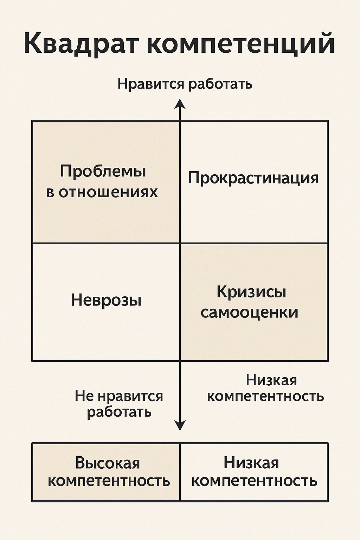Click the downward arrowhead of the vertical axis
click(180, 426)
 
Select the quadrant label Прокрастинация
click(253, 178)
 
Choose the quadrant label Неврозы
click(106, 301)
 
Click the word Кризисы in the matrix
click(251, 292)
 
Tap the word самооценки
click(249, 313)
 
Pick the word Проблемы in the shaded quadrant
click(103, 172)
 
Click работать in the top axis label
click(220, 84)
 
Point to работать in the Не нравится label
click(119, 412)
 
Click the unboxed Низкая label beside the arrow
click(271, 380)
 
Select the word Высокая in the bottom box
click(108, 463)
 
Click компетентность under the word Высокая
click(109, 481)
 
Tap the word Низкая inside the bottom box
click(251, 463)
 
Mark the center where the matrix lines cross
click(180, 243)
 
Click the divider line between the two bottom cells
click(180, 472)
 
